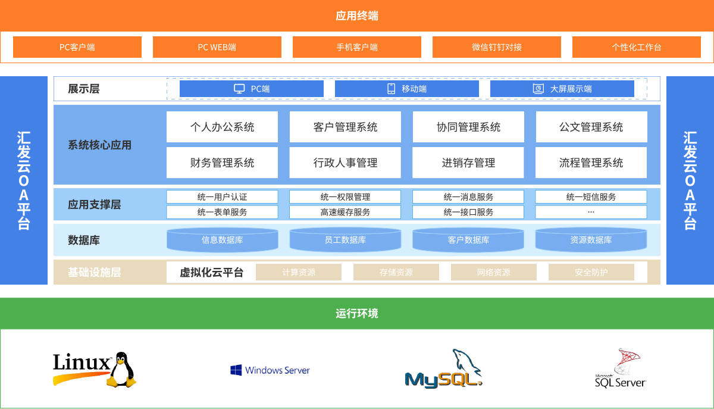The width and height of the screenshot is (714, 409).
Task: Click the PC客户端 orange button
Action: (77, 47)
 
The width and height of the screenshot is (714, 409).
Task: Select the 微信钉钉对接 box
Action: (497, 47)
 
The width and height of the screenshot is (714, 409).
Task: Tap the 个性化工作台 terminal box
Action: (637, 47)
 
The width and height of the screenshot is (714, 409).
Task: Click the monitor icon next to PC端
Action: (239, 89)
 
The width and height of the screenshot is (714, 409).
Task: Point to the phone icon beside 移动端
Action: (391, 89)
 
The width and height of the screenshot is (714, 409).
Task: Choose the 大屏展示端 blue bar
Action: (562, 89)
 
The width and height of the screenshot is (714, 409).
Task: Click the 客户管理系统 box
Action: (345, 127)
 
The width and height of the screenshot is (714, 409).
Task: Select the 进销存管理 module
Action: (468, 163)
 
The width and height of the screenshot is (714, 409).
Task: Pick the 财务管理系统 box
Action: (222, 163)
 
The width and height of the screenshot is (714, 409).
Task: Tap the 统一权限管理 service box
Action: (345, 197)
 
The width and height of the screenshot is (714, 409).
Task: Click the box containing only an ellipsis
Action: (591, 212)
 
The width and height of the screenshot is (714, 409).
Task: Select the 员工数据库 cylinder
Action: (345, 239)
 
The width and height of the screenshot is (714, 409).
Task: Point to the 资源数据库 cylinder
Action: (591, 239)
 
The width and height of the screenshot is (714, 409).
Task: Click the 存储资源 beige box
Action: (396, 272)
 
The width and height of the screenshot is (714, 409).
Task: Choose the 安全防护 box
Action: (591, 272)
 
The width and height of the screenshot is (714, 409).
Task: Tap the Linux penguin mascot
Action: (122, 370)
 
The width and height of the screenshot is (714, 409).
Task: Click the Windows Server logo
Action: (270, 370)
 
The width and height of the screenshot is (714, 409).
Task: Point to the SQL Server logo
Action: (620, 368)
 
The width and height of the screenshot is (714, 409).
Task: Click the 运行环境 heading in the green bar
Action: (357, 313)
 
